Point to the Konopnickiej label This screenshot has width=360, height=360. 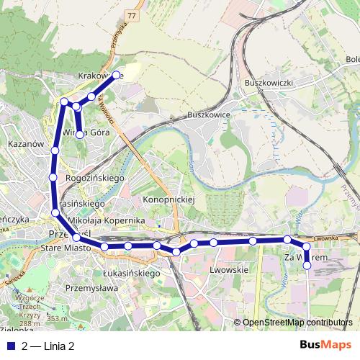[x=169, y=198]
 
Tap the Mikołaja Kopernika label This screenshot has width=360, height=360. [x=105, y=218]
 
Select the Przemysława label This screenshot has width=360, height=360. [x=91, y=287]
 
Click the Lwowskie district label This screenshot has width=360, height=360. [x=227, y=269]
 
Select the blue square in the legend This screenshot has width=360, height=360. [x=9, y=346]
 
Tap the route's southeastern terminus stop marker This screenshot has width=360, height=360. [x=307, y=265]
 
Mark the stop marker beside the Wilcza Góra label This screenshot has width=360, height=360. [x=79, y=134]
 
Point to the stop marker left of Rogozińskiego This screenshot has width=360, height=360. [x=53, y=176]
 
